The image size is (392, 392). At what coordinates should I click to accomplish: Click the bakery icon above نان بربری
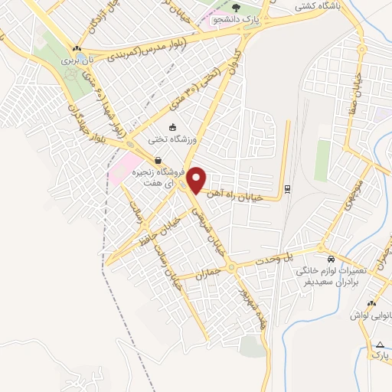[x=77, y=48]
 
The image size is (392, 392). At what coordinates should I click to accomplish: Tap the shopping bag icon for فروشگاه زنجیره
[x=158, y=161]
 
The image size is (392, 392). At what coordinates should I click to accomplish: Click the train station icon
[x=287, y=188]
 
